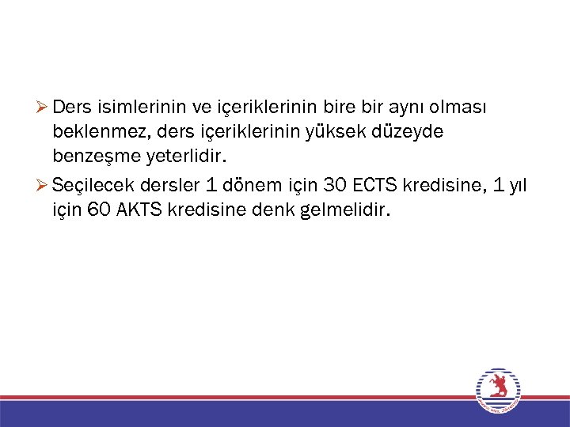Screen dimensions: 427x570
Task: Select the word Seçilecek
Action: click(x=88, y=186)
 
